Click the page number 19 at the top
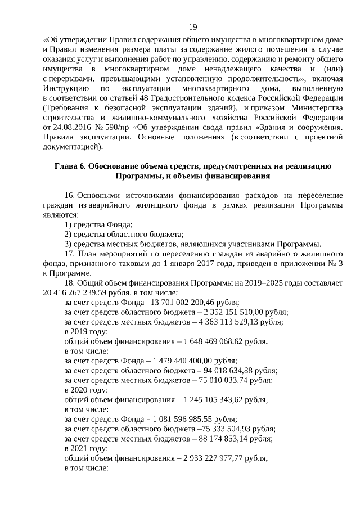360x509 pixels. [192, 27]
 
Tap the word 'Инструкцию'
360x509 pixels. [65, 88]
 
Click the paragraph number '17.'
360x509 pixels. [70, 254]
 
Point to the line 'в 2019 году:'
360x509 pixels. [85, 332]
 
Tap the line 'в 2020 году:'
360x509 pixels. [85, 390]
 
